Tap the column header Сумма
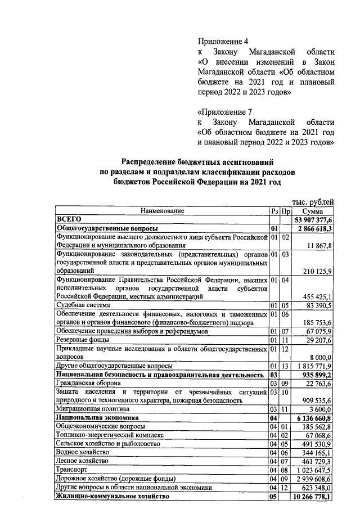pyautogui.click(x=313, y=211)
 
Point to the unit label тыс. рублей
pyautogui.click(x=313, y=201)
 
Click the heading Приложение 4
pyautogui.click(x=223, y=42)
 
